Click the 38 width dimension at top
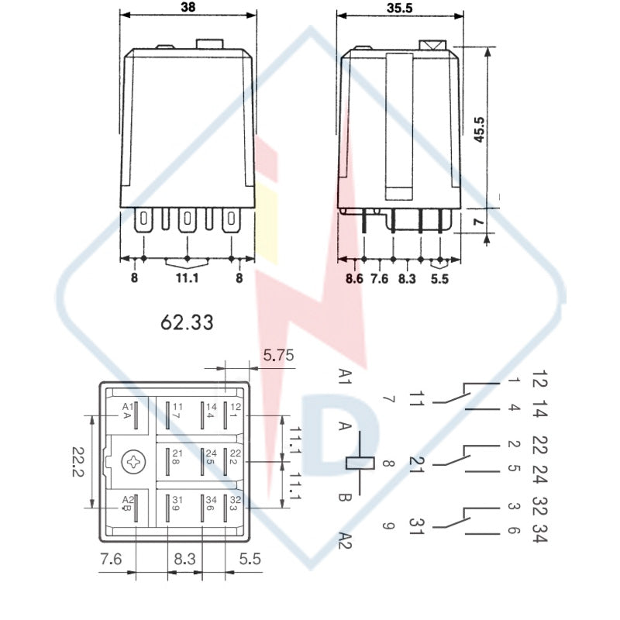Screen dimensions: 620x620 point(188,8)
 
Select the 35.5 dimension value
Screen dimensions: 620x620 point(400,8)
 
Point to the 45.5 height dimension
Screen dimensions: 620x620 point(479,129)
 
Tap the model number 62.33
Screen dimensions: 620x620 point(187,322)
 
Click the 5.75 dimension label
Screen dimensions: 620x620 point(279,355)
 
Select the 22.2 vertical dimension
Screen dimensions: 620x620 point(78,462)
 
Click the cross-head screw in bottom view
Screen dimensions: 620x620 point(133,461)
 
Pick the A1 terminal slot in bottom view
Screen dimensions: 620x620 point(136,415)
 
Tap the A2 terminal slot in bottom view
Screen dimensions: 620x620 point(136,508)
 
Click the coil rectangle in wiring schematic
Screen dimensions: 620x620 point(360,463)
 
